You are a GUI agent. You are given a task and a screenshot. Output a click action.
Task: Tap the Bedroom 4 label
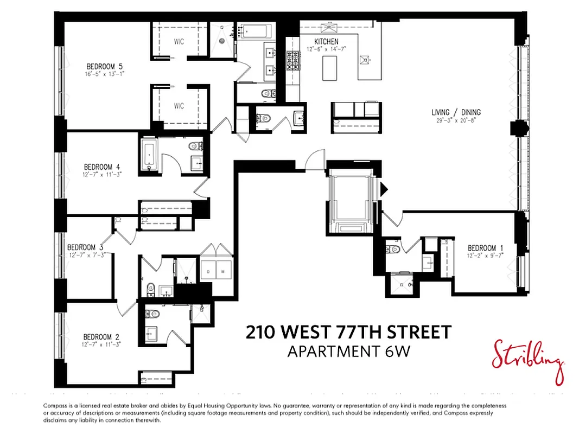tap(98, 167)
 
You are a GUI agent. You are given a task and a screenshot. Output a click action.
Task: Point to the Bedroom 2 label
tap(98, 337)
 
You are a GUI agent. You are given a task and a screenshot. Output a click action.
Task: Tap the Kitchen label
tap(326, 42)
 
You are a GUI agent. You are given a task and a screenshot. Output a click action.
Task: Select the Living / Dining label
tap(456, 112)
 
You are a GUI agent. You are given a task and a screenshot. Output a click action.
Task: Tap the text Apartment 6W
tap(348, 351)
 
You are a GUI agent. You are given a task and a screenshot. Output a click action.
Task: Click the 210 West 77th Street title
tap(348, 332)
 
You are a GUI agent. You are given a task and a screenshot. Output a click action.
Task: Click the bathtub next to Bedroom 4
tap(149, 154)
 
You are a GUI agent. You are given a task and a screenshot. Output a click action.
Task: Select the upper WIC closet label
tap(179, 42)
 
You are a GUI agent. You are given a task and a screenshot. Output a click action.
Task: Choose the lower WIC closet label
tap(179, 105)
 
